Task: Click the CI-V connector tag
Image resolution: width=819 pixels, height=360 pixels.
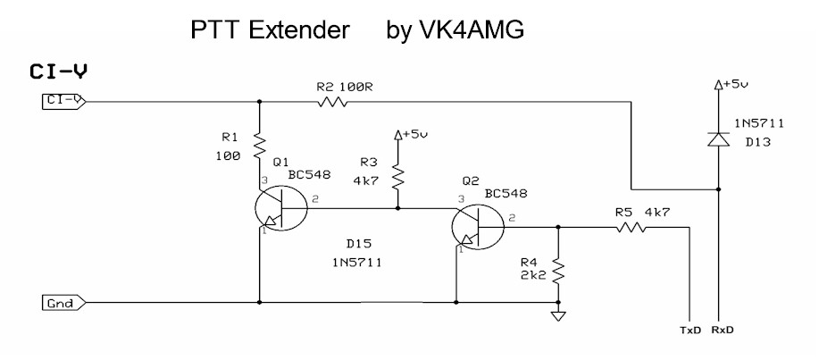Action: click(63, 100)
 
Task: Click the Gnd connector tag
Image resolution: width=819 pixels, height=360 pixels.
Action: click(63, 303)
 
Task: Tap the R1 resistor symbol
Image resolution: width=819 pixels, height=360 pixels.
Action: click(258, 143)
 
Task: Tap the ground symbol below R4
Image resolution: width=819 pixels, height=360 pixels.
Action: click(558, 315)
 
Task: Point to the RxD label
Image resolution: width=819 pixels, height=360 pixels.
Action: click(723, 330)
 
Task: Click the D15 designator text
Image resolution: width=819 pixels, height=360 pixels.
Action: click(358, 243)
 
